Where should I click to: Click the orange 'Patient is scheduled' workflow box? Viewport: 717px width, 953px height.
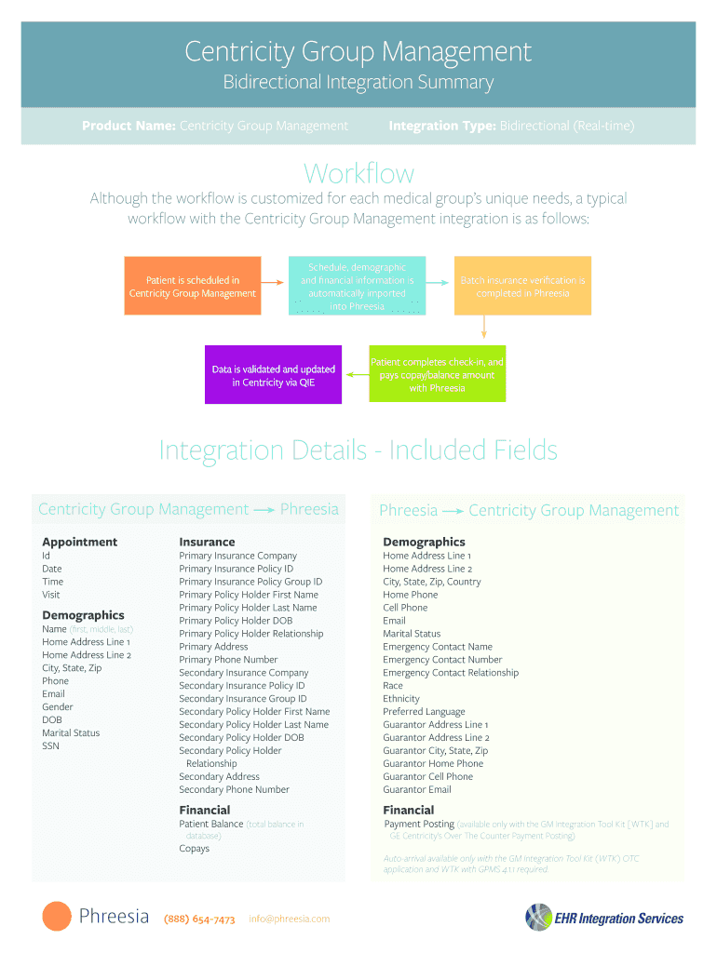pyautogui.click(x=192, y=287)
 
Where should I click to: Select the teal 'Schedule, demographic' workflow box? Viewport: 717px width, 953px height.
pyautogui.click(x=357, y=287)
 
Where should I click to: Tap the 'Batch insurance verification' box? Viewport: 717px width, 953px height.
pyautogui.click(x=522, y=287)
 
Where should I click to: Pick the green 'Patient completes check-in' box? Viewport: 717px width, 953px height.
pyautogui.click(x=437, y=374)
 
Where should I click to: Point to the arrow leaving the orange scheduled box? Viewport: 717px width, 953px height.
pyautogui.click(x=271, y=280)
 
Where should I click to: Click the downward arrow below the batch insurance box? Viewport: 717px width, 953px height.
pyautogui.click(x=484, y=327)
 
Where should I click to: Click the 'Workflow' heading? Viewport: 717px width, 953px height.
pyautogui.click(x=358, y=173)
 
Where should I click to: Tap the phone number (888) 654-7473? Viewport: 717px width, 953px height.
pyautogui.click(x=199, y=919)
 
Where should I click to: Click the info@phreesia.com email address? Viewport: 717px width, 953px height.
pyautogui.click(x=290, y=919)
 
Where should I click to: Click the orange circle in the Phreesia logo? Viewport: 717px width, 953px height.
pyautogui.click(x=57, y=917)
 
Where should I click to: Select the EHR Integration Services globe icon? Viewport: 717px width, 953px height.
pyautogui.click(x=538, y=917)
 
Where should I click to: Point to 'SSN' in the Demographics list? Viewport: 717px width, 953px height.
pyautogui.click(x=50, y=745)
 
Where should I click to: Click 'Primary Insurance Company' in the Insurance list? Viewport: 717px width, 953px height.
pyautogui.click(x=237, y=556)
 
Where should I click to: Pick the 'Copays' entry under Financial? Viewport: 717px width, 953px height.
pyautogui.click(x=194, y=848)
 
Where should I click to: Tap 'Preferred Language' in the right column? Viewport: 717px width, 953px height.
pyautogui.click(x=424, y=711)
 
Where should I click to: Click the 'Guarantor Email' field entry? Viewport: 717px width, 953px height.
pyautogui.click(x=416, y=789)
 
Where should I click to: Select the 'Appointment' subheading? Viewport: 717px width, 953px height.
pyautogui.click(x=80, y=542)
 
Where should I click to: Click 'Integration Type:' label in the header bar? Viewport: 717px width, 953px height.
pyautogui.click(x=441, y=126)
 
